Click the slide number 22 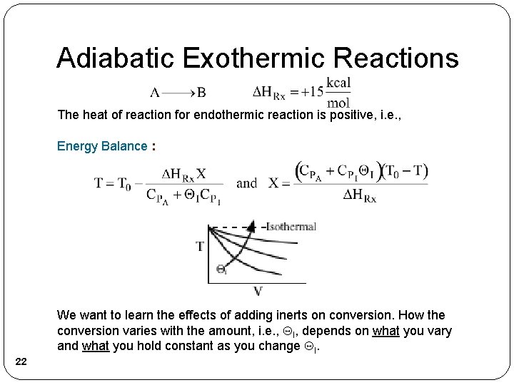pos(21,364)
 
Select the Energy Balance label pos(103,146)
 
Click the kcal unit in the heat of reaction pos(338,82)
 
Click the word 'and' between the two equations pos(246,183)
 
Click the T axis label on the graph pos(201,247)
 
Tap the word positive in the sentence pos(351,114)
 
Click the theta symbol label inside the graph pos(222,270)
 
